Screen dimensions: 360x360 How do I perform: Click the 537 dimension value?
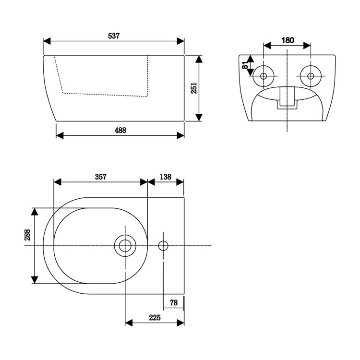tap(114, 36)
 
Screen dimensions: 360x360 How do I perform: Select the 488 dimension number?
tap(120, 130)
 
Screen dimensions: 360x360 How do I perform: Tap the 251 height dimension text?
tap(194, 89)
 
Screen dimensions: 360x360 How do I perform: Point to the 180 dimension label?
tap(287, 40)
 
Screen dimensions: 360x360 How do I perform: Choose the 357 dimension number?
tap(100, 177)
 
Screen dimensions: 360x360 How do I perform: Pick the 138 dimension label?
tap(166, 177)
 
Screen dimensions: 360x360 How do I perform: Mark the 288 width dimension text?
tap(27, 235)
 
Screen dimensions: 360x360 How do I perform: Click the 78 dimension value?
tap(174, 302)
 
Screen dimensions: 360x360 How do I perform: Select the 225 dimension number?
tap(155, 317)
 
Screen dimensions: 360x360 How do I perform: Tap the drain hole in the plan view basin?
tap(125, 246)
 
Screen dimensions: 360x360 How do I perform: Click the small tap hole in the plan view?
tap(163, 246)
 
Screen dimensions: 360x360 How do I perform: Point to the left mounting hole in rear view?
tap(264, 76)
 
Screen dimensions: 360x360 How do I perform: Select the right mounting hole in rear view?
tap(310, 76)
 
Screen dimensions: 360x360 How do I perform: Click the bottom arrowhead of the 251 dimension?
tap(200, 118)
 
